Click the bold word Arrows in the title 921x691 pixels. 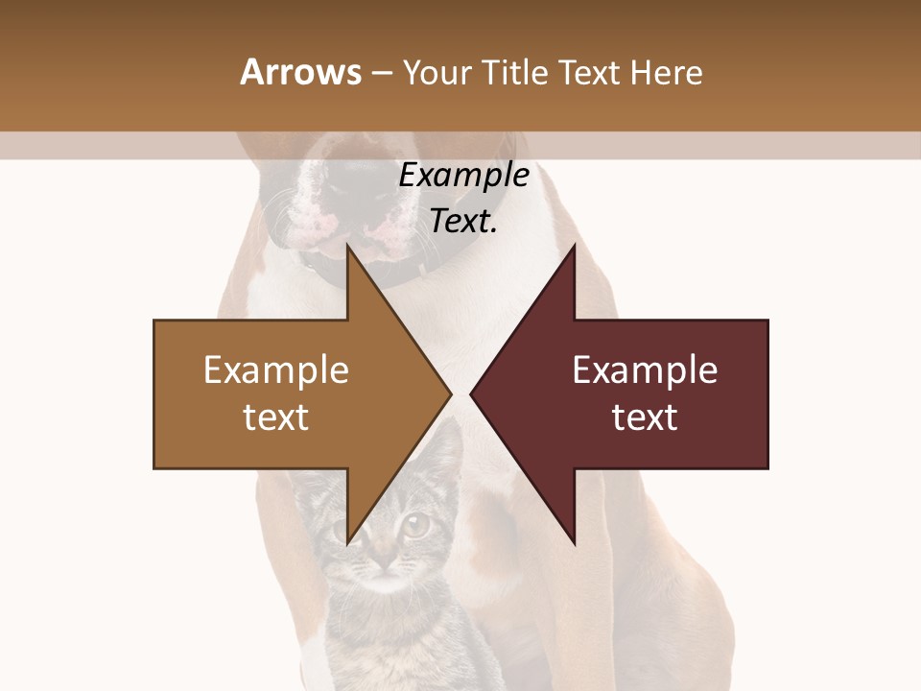[x=300, y=72]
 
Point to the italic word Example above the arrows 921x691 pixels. [x=463, y=176]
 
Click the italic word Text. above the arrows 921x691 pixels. [x=463, y=222]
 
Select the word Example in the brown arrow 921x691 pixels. [x=275, y=369]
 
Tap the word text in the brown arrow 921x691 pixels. [x=275, y=417]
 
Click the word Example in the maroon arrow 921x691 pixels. [x=645, y=369]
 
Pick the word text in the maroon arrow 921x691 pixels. [x=645, y=417]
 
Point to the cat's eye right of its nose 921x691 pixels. [x=415, y=525]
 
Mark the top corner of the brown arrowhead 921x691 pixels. [x=347, y=247]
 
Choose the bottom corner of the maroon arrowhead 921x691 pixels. [x=575, y=543]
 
